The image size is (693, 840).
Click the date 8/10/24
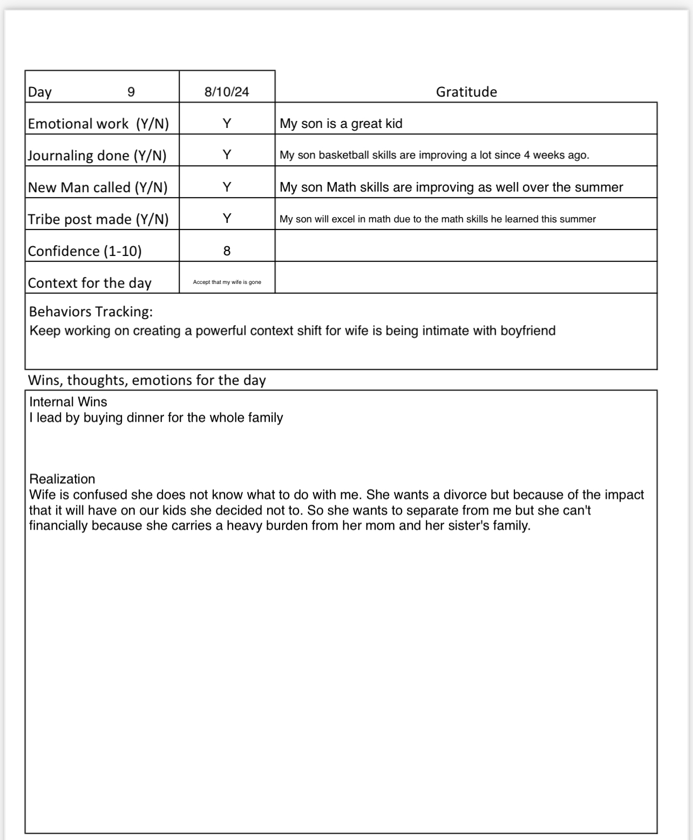(x=227, y=92)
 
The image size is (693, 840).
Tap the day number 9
(x=131, y=92)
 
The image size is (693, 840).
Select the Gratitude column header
(x=466, y=92)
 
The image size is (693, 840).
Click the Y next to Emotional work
(x=227, y=124)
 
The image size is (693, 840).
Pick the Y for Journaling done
(x=227, y=155)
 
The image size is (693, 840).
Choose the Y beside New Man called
(x=227, y=187)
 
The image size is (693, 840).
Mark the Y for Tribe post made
(x=227, y=218)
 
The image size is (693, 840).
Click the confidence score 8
(x=227, y=250)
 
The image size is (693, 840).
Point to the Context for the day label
(x=90, y=283)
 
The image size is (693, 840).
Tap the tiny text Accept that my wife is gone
(x=227, y=282)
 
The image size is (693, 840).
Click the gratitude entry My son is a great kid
(x=341, y=124)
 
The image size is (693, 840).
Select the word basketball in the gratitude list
(x=344, y=155)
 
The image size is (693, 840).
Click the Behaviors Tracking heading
(x=91, y=311)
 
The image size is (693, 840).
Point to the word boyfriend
(x=527, y=330)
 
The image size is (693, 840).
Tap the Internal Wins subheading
(x=68, y=402)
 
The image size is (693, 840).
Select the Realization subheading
(x=62, y=479)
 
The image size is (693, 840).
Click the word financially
(x=58, y=526)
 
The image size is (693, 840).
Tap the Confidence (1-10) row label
(x=85, y=251)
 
